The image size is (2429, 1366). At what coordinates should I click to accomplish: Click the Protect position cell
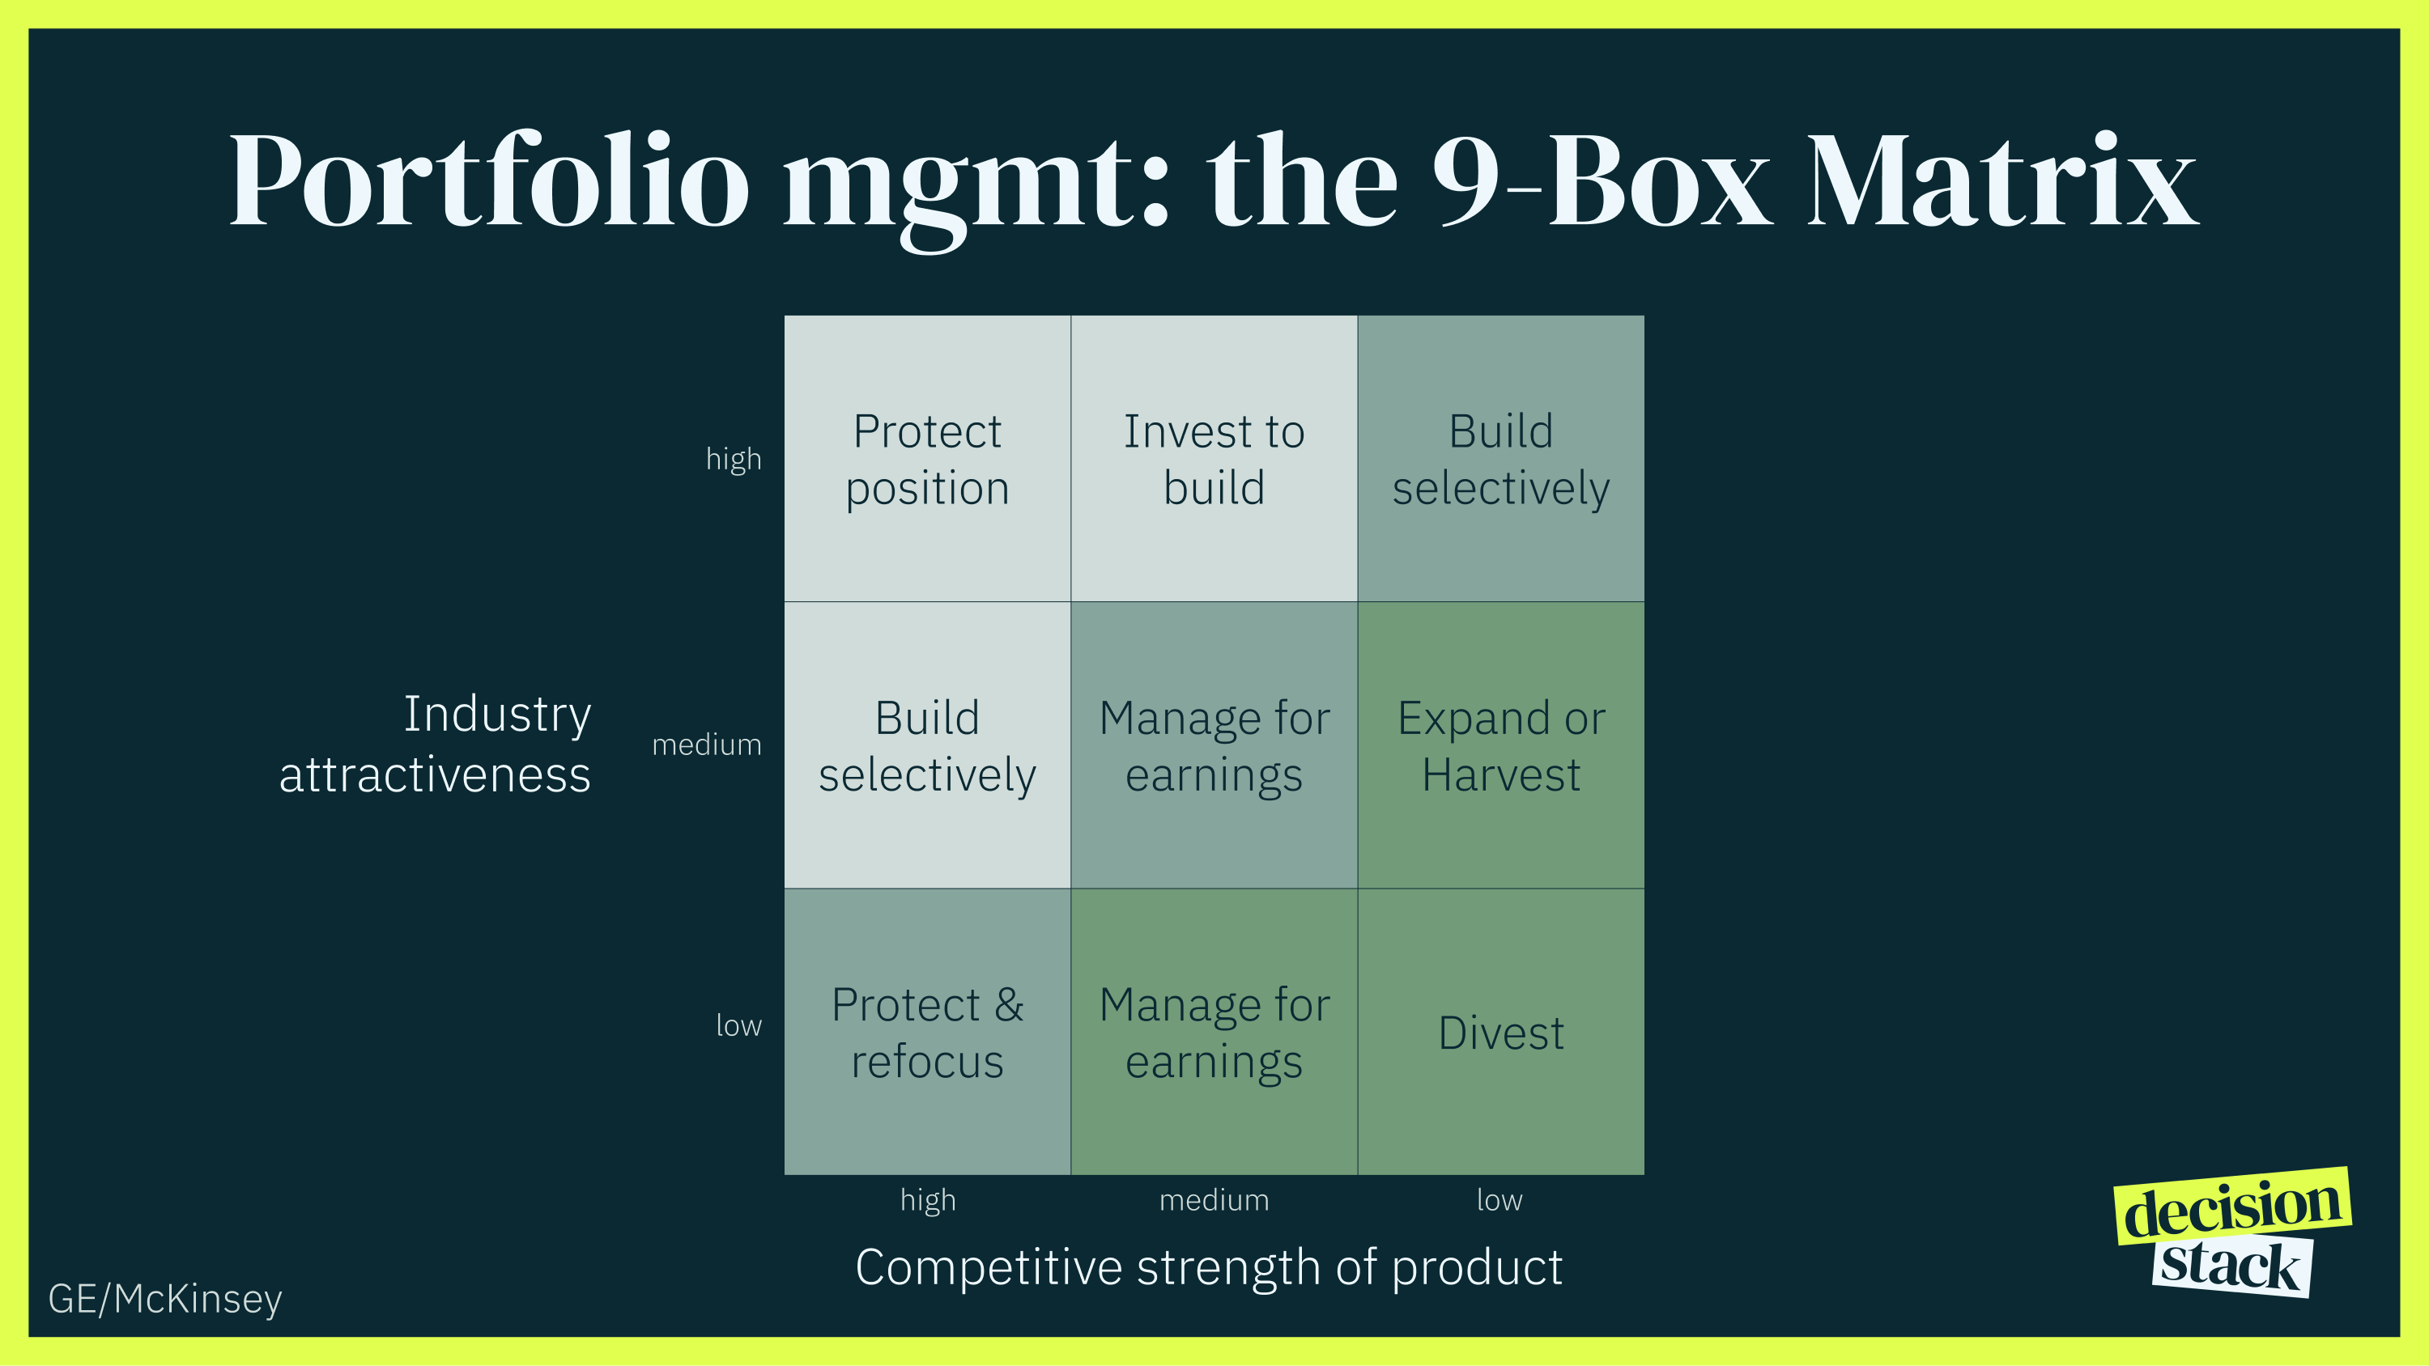[x=927, y=459]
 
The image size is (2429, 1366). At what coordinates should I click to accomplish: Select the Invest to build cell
[x=1214, y=459]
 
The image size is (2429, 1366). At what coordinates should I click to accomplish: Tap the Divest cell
[x=1500, y=1033]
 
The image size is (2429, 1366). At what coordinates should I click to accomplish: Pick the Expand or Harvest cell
[x=1500, y=745]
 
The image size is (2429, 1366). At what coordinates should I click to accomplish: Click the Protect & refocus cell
[x=927, y=1033]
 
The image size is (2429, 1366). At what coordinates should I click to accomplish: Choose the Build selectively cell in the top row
[x=1500, y=459]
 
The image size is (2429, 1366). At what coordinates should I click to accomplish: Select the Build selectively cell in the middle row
[x=927, y=745]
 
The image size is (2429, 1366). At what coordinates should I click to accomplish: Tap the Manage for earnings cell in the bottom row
[x=1214, y=1033]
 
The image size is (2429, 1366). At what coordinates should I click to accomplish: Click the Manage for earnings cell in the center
[x=1214, y=745]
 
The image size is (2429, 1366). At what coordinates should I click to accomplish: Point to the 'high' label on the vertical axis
[x=734, y=459]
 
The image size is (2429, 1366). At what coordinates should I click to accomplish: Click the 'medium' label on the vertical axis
[x=706, y=745]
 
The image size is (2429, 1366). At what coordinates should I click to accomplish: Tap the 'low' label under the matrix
[x=1500, y=1200]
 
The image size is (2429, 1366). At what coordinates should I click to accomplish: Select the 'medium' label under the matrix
[x=1214, y=1200]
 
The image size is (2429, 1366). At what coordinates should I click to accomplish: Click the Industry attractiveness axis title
[x=436, y=744]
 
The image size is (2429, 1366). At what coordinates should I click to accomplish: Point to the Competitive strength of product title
[x=1209, y=1267]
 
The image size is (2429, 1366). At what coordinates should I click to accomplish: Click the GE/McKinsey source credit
[x=165, y=1299]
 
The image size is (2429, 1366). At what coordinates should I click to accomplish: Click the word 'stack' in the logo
[x=2231, y=1266]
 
